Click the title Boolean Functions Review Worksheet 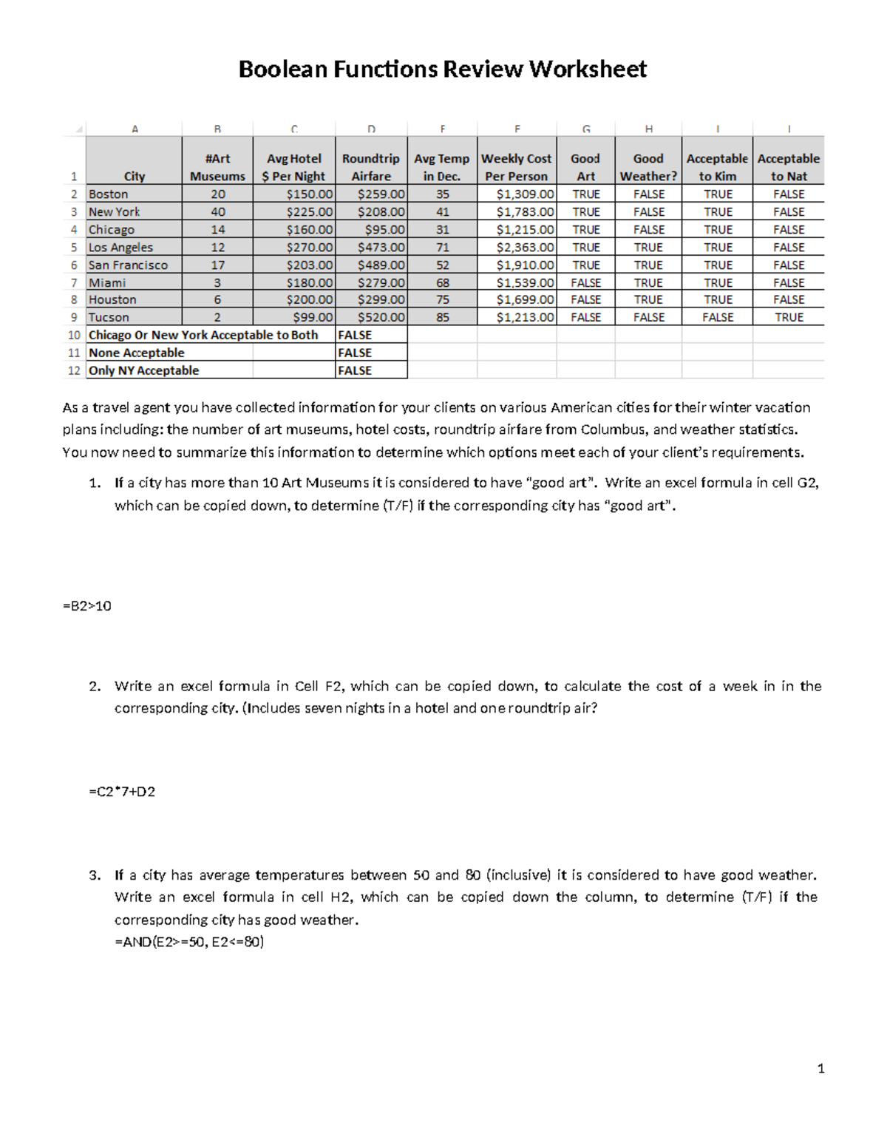click(442, 69)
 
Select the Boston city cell click(109, 194)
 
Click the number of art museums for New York click(218, 212)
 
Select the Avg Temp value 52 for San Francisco click(442, 265)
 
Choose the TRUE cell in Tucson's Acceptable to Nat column click(788, 317)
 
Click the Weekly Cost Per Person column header click(517, 168)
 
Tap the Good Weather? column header click(648, 168)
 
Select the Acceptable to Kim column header click(717, 168)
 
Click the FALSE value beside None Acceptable click(355, 353)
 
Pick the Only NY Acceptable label click(144, 371)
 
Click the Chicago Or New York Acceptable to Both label click(203, 336)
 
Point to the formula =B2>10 click(87, 606)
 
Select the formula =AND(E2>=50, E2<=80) click(189, 942)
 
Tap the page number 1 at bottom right click(820, 1068)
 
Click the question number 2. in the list click(94, 687)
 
